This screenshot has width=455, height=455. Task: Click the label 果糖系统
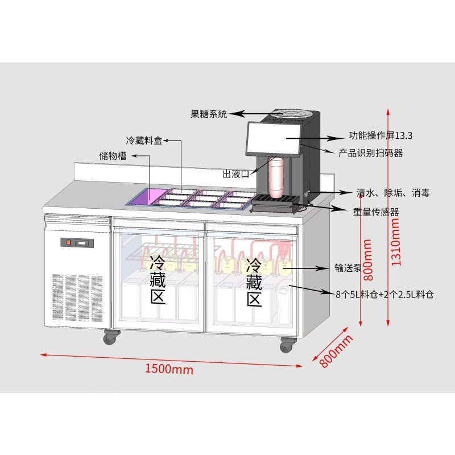pos(208,114)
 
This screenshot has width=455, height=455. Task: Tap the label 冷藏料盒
pos(144,140)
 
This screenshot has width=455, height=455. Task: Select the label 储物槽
pos(113,156)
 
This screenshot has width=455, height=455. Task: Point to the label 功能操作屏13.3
pos(380,136)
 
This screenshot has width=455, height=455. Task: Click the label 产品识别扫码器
pos(370,153)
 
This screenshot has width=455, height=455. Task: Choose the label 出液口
pos(236,173)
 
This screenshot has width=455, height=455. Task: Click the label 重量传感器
pos(376,212)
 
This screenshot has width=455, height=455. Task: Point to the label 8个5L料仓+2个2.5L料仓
pos(384,294)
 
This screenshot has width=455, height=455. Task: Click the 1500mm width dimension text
pos(169,369)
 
